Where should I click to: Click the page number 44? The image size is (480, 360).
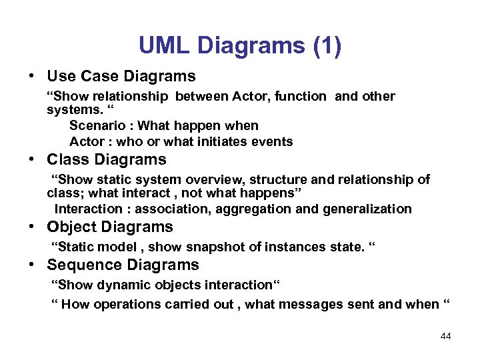click(x=446, y=336)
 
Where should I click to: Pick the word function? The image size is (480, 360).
click(x=299, y=97)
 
